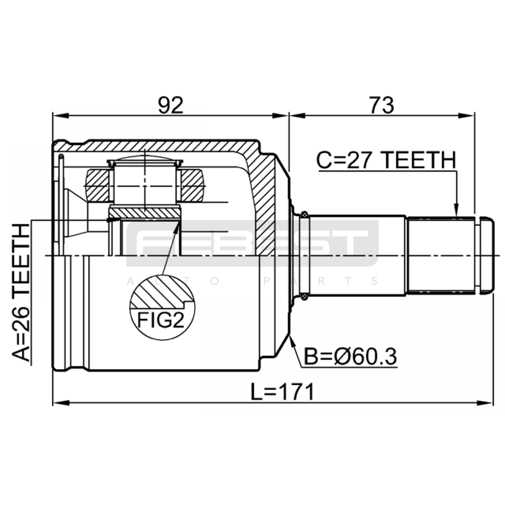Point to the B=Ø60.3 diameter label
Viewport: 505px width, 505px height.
coord(350,357)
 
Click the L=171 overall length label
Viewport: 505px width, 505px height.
coord(282,392)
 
